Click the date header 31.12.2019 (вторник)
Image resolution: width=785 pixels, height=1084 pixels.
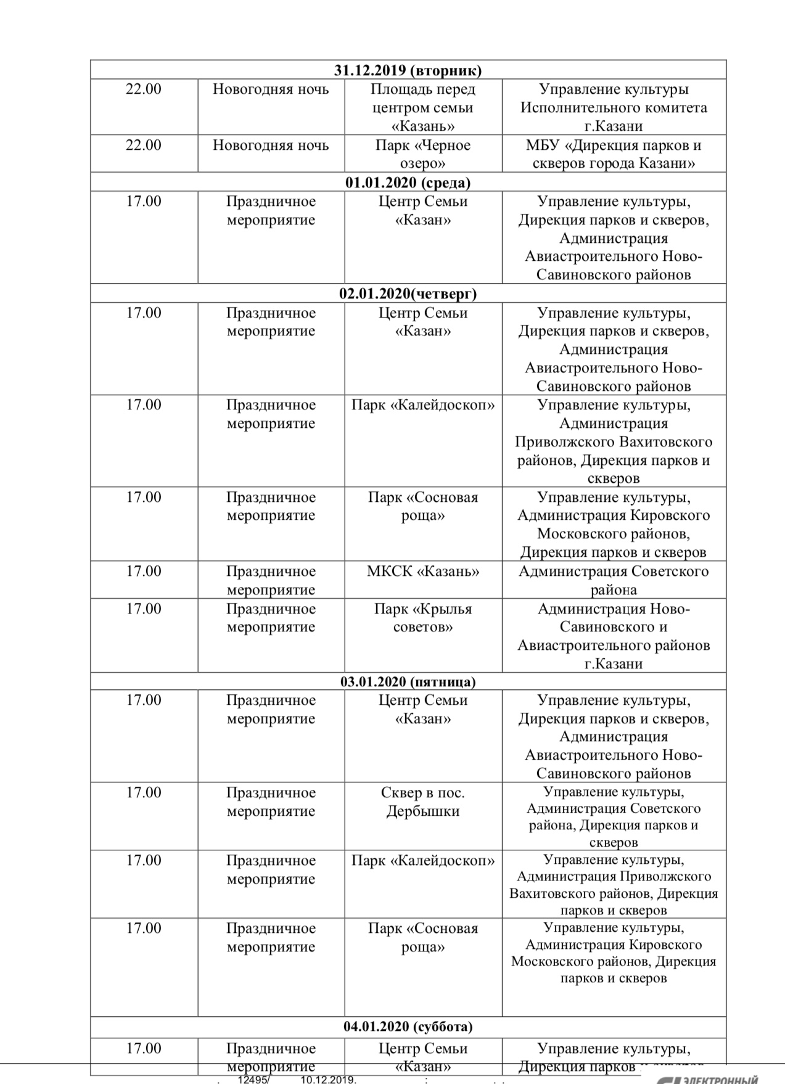click(408, 70)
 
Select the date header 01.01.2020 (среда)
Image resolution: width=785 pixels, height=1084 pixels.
click(408, 183)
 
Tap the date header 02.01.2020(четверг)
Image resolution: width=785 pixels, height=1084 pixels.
click(408, 294)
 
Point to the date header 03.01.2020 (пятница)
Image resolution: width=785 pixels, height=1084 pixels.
click(408, 681)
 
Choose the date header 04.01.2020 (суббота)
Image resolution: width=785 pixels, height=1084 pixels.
click(408, 1026)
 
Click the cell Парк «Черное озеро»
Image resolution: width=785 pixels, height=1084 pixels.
click(423, 154)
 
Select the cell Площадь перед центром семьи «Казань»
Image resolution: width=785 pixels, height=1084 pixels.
click(423, 107)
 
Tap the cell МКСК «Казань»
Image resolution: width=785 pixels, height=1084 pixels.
click(423, 571)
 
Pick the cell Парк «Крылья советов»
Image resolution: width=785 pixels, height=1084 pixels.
click(423, 618)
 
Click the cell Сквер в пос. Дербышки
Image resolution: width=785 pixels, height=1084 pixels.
click(423, 802)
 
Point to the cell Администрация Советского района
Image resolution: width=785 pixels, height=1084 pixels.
click(614, 580)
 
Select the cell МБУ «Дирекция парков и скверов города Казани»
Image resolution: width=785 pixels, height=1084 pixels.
click(614, 154)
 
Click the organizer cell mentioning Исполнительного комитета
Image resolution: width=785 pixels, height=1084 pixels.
click(614, 107)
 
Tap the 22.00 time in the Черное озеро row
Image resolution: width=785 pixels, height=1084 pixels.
click(144, 146)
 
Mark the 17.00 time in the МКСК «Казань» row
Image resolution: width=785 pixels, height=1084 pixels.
click(144, 571)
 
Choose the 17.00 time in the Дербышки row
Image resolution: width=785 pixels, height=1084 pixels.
click(144, 792)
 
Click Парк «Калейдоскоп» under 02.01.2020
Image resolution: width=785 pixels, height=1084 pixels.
click(423, 405)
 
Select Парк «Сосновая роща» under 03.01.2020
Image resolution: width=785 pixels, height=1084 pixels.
click(423, 937)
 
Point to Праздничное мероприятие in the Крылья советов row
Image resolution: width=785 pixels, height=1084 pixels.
click(271, 618)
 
